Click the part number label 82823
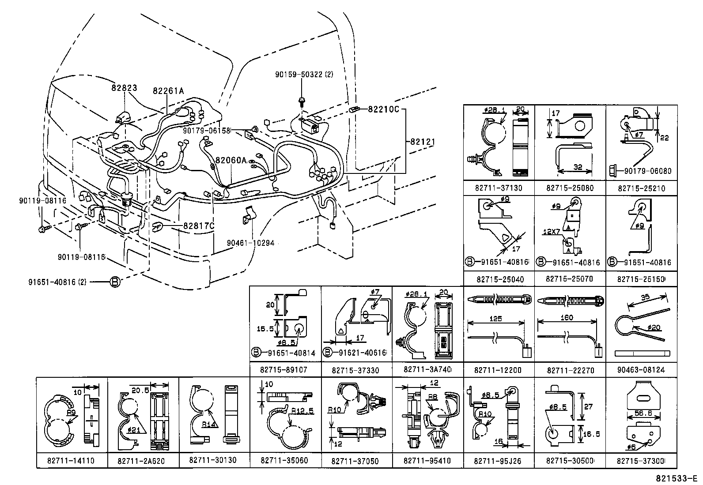(124, 88)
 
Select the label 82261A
(168, 91)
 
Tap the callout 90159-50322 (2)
(304, 75)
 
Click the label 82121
(422, 142)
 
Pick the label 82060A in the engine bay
(231, 160)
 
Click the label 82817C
(199, 226)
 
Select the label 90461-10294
(250, 243)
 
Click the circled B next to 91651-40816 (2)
(114, 281)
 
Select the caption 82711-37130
(498, 188)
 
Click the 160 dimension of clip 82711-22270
(566, 318)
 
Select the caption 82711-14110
(71, 460)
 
